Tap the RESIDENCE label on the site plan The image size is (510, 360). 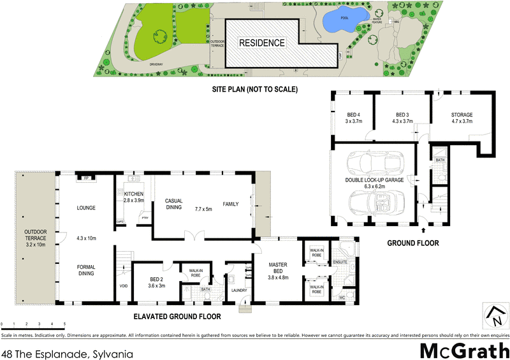[262, 43]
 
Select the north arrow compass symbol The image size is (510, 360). [493, 315]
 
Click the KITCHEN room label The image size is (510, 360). [134, 194]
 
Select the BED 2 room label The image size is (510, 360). [157, 279]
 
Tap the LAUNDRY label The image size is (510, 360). [240, 291]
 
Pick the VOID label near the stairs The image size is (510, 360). [124, 285]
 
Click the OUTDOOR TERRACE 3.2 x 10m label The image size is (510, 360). [36, 238]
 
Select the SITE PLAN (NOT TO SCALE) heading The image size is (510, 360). [255, 90]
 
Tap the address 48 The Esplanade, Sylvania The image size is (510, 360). [68, 351]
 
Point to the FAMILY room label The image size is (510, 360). [230, 204]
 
